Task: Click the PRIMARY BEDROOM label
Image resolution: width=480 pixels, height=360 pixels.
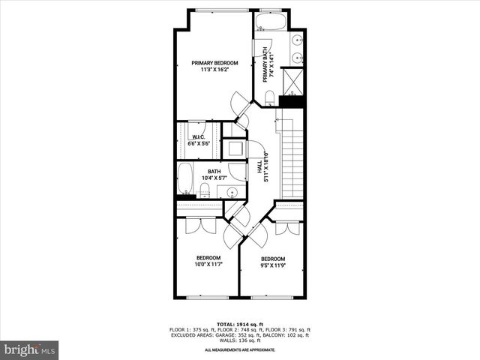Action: [214, 67]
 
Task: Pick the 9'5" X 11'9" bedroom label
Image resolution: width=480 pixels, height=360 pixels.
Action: [272, 262]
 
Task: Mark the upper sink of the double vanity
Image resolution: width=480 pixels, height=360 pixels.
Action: [298, 38]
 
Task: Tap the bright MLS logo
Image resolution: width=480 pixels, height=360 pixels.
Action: [30, 349]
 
